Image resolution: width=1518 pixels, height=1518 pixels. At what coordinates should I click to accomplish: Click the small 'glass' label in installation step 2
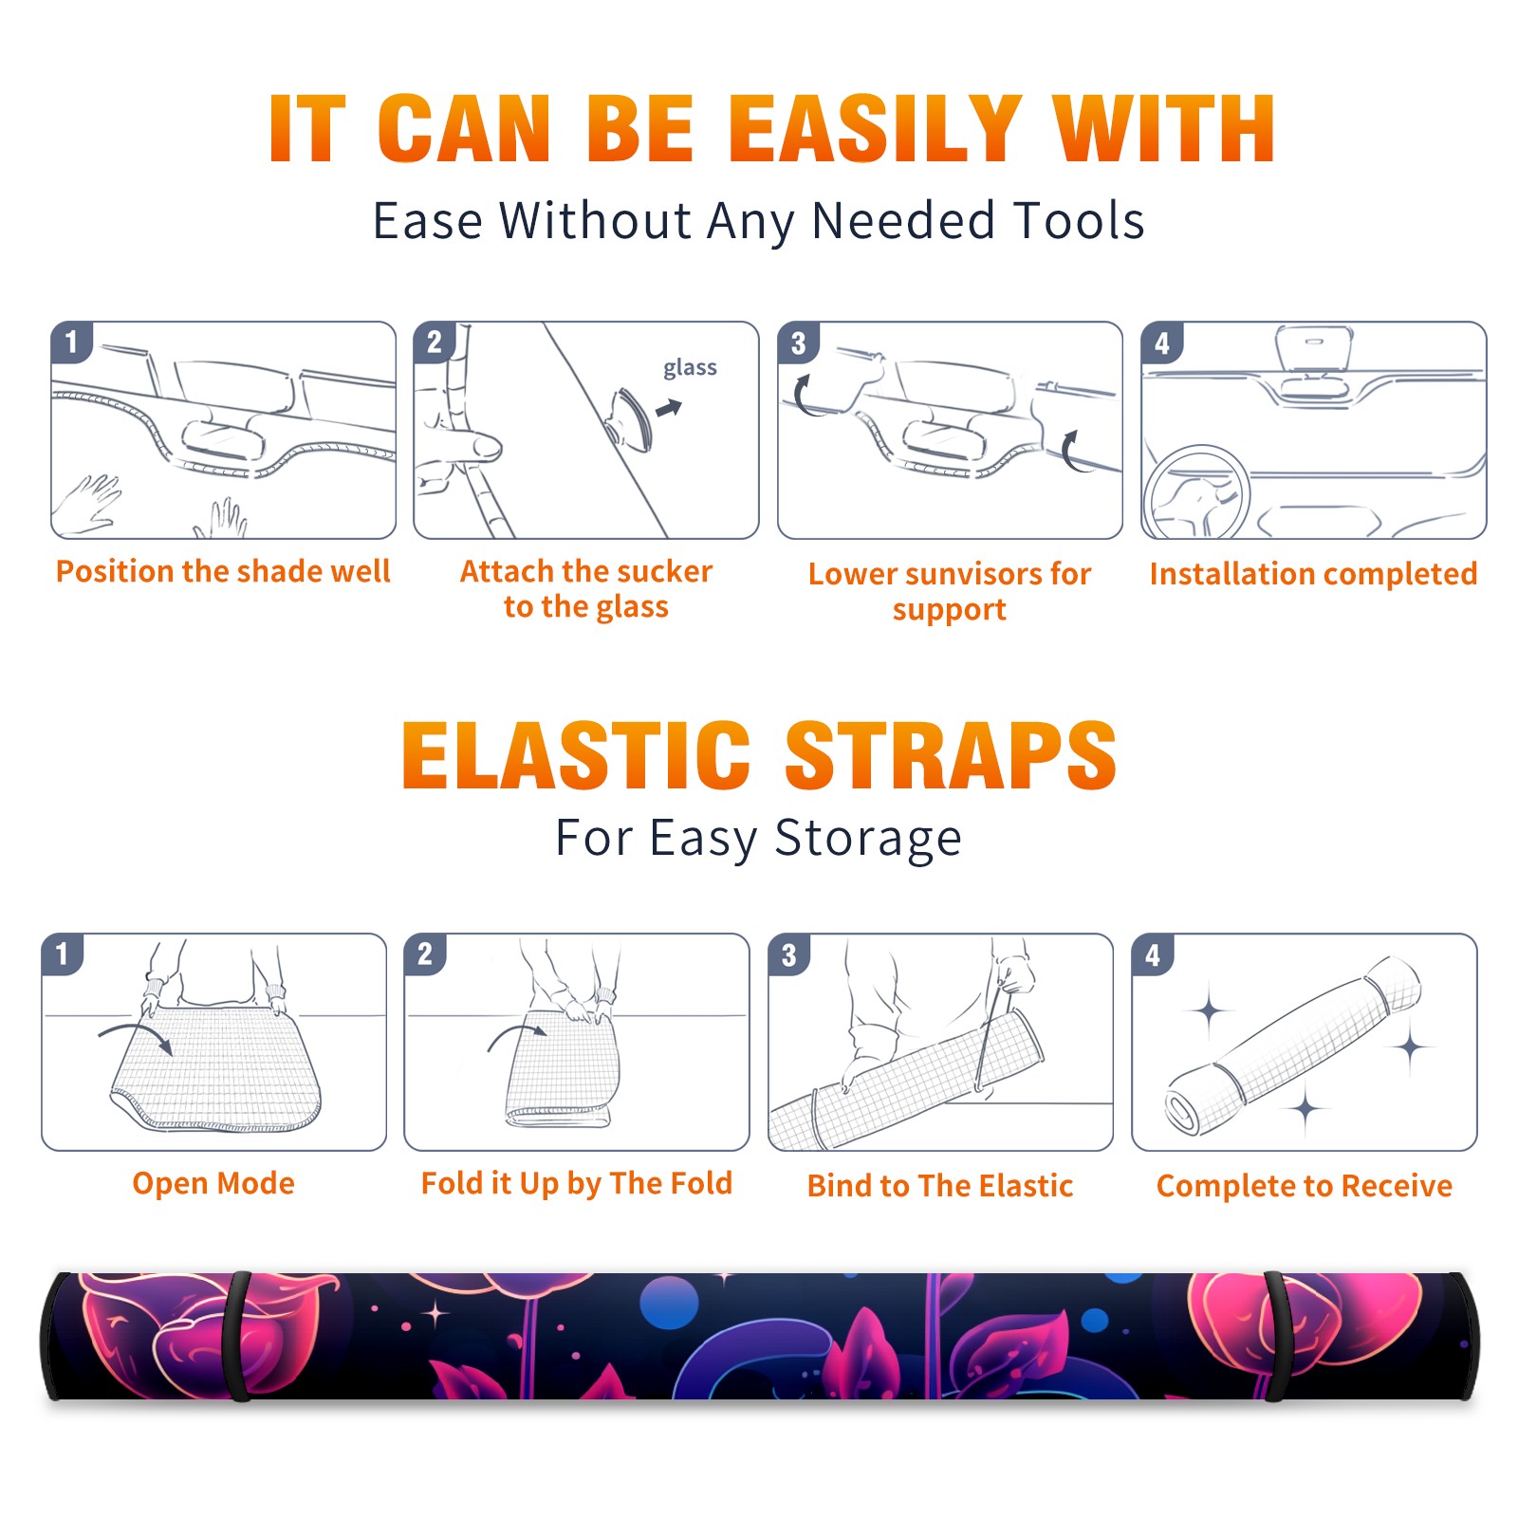pyautogui.click(x=690, y=368)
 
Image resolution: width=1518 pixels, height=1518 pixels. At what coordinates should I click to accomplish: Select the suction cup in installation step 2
pyautogui.click(x=629, y=417)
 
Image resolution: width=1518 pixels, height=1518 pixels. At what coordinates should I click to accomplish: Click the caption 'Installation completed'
pyautogui.click(x=1313, y=574)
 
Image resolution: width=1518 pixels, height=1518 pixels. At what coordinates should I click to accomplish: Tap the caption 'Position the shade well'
pyautogui.click(x=223, y=571)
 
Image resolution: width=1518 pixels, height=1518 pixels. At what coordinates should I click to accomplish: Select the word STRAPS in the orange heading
pyautogui.click(x=951, y=755)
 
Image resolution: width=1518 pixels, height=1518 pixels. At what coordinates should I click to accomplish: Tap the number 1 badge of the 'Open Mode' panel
pyautogui.click(x=63, y=953)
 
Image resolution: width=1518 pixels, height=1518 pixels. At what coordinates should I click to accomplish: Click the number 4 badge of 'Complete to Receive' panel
pyautogui.click(x=1153, y=954)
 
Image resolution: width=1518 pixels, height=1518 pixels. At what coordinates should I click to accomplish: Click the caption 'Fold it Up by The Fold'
pyautogui.click(x=577, y=1184)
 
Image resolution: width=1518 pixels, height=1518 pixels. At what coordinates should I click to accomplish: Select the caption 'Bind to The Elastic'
pyautogui.click(x=940, y=1186)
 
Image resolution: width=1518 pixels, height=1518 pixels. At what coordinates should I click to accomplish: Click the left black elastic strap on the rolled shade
pyautogui.click(x=237, y=1337)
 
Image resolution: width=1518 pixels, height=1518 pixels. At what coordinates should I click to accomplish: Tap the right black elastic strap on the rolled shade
pyautogui.click(x=1277, y=1337)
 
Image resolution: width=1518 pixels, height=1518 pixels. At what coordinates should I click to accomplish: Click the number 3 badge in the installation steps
pyautogui.click(x=798, y=342)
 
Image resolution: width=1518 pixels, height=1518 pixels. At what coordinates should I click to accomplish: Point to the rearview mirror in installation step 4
pyautogui.click(x=1314, y=349)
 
